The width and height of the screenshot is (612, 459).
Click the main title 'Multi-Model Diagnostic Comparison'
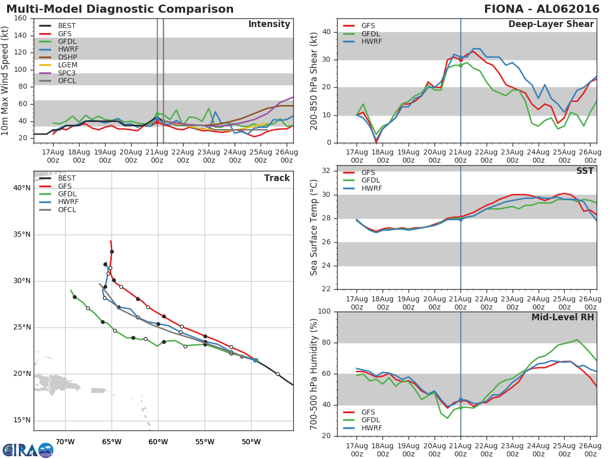(120, 9)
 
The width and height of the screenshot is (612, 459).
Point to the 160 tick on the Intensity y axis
(21, 18)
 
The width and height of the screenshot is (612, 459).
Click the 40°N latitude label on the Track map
(21, 188)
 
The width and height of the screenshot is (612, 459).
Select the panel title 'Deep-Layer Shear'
(551, 24)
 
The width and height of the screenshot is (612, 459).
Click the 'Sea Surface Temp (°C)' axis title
(314, 227)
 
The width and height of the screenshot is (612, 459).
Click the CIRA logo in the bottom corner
(28, 450)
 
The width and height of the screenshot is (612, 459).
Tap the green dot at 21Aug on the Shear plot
(461, 65)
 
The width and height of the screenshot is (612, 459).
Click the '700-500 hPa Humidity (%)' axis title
(314, 373)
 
